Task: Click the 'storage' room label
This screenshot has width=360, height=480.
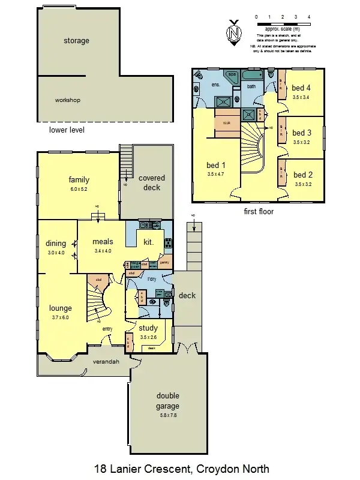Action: (x=76, y=41)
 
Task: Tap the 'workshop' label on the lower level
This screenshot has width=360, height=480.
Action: (x=67, y=100)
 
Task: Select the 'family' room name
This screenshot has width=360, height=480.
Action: (x=79, y=179)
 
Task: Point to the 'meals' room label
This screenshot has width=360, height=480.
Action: (x=103, y=242)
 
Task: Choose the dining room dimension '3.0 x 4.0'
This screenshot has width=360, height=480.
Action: (x=55, y=253)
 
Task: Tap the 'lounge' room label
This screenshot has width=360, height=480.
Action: (x=61, y=308)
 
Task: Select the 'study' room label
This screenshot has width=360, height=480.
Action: (x=148, y=328)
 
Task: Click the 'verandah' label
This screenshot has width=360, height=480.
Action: (x=106, y=362)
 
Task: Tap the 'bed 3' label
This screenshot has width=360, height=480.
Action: (x=302, y=133)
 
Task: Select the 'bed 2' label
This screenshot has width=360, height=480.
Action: (x=302, y=175)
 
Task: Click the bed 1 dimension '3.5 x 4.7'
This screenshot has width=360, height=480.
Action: (x=215, y=175)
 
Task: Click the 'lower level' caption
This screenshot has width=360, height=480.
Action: (x=66, y=130)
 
